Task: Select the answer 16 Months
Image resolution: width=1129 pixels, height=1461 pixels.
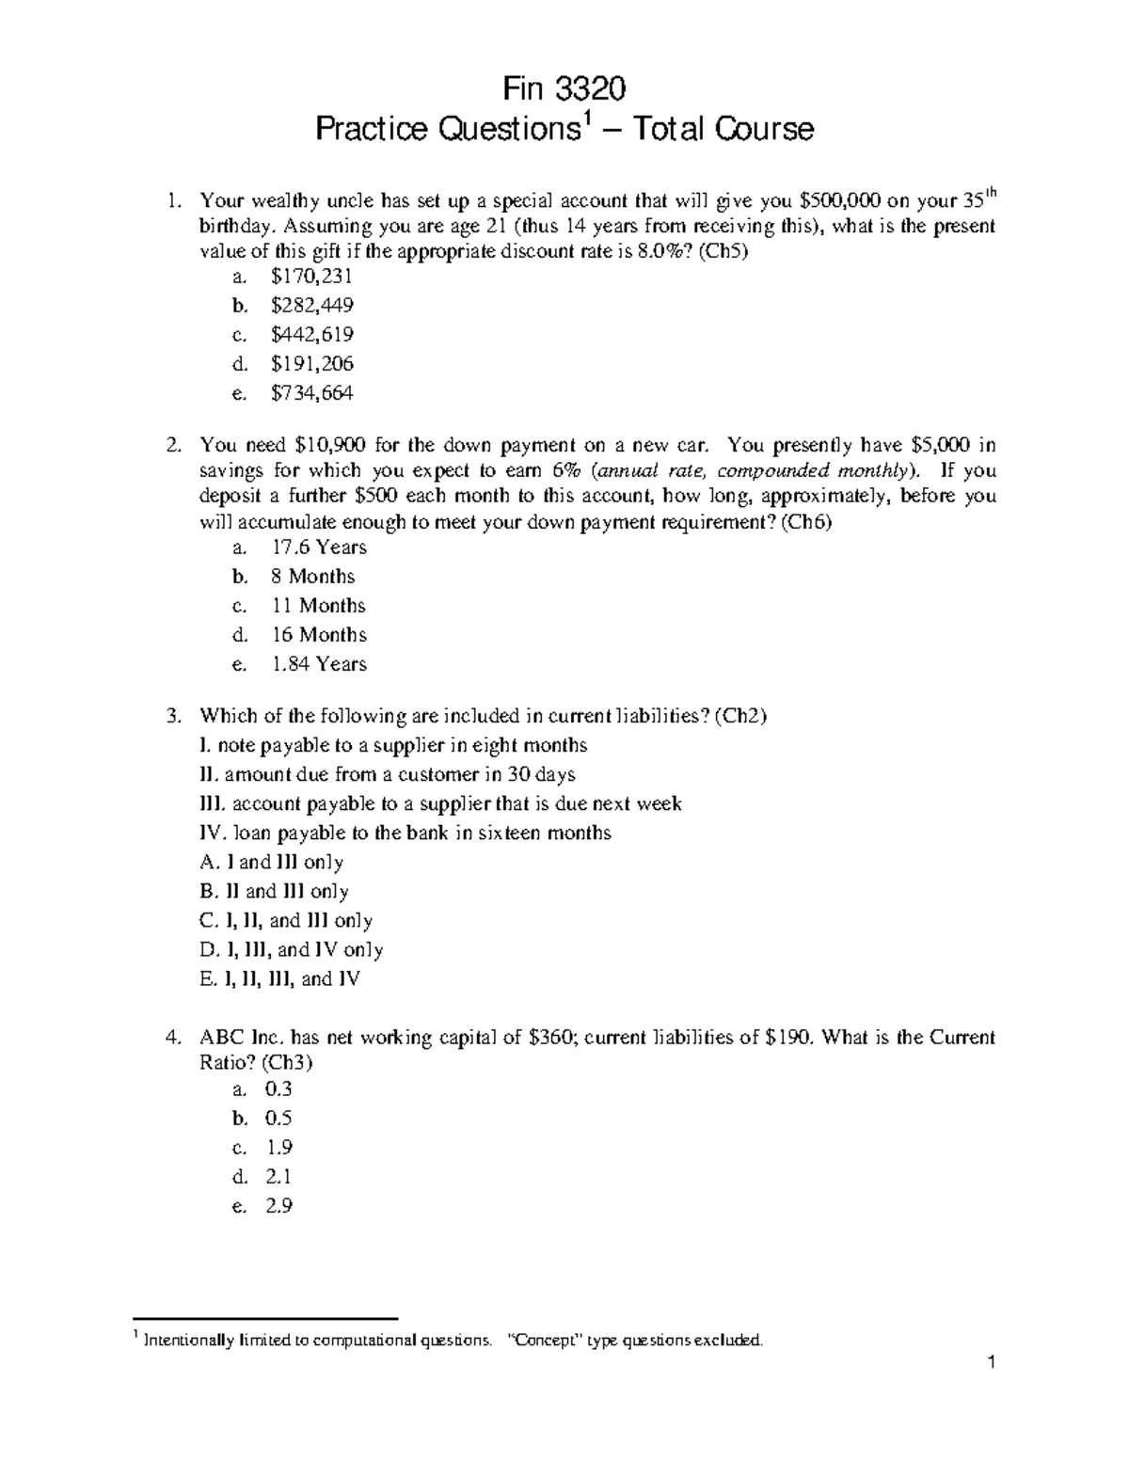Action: (x=318, y=635)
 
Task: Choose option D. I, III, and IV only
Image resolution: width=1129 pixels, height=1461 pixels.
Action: (x=292, y=950)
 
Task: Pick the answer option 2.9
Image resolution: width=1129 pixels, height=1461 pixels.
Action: (x=278, y=1205)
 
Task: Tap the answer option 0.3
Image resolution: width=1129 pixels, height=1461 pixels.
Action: (x=278, y=1089)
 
